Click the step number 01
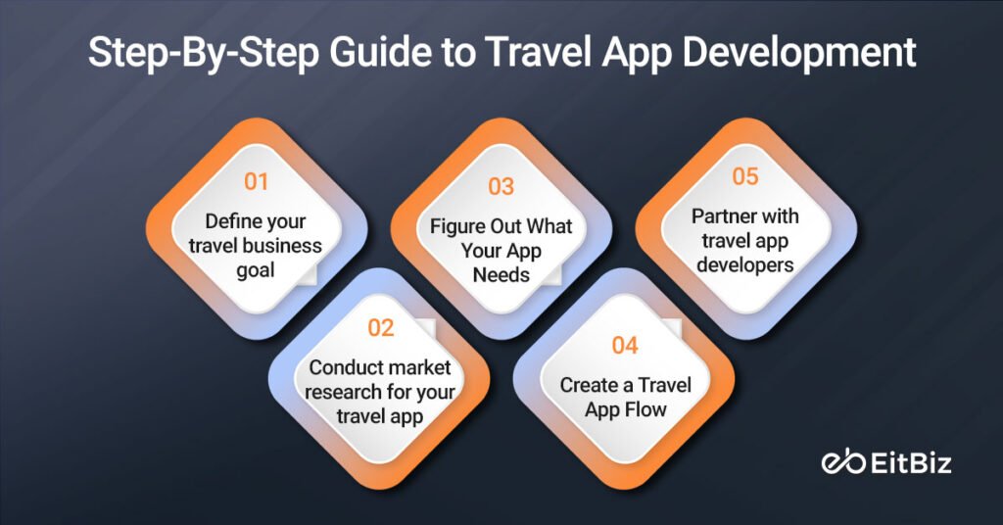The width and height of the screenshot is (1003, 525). [x=256, y=181]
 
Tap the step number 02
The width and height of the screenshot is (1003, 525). [x=380, y=328]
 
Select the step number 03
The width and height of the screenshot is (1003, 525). [x=501, y=186]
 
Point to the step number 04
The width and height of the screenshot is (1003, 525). [x=624, y=346]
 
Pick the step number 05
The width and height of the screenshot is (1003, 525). [x=745, y=176]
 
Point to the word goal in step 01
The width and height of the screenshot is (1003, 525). [x=256, y=269]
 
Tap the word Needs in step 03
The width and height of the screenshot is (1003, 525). [x=501, y=274]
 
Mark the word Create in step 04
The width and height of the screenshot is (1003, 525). [x=590, y=385]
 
